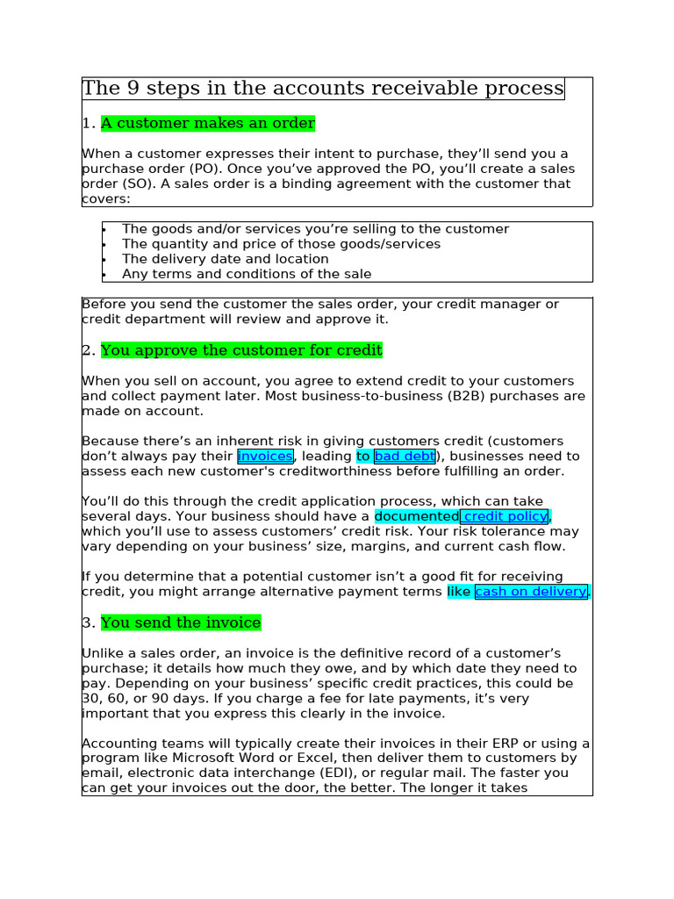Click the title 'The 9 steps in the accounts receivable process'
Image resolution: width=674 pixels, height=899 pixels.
tap(322, 89)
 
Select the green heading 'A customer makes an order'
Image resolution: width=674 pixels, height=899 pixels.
tap(207, 124)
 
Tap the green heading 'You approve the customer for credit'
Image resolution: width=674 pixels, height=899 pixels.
tap(241, 350)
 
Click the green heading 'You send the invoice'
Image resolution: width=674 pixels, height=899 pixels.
tap(181, 622)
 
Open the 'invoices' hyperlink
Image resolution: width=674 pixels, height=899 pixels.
tap(265, 457)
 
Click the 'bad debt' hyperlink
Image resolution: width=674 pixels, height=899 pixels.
tap(404, 457)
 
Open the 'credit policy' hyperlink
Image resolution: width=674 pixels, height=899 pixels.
tap(505, 516)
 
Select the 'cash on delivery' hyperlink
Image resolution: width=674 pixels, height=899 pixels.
tap(531, 592)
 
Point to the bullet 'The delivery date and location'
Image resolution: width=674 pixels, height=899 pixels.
tap(225, 259)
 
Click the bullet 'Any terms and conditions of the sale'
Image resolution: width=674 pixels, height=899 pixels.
tap(247, 274)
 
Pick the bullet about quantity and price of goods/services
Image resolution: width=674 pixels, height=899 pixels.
tap(281, 244)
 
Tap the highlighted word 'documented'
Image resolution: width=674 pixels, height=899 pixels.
tap(416, 516)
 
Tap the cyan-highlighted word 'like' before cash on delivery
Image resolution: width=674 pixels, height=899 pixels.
tap(459, 592)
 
